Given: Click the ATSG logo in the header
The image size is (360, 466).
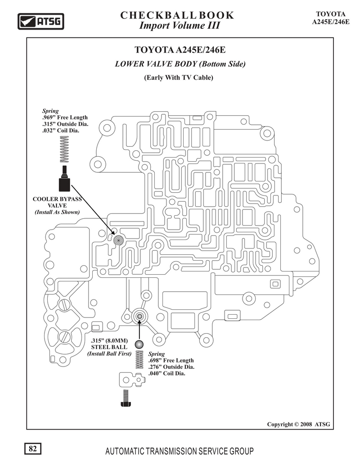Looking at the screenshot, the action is coord(40,22).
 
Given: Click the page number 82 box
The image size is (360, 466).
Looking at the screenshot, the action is coord(33,448).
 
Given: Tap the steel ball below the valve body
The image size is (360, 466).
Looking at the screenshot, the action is coord(139,344).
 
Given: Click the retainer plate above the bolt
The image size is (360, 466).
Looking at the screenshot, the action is coord(132,380).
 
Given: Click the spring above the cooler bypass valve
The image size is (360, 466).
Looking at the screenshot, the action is coord(64,149).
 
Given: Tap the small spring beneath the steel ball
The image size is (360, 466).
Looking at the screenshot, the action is coord(139,360).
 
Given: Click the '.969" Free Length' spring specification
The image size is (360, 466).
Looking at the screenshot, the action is coord(65,118).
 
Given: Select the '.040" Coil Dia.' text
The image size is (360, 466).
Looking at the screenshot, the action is coord(166,374).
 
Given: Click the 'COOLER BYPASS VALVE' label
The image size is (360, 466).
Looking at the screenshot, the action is coord(57,202).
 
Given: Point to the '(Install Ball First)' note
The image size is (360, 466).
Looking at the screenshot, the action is coord(109,353).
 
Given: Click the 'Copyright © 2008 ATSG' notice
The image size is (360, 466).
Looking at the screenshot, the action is coord(298,425).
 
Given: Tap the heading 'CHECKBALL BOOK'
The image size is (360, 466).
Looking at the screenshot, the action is coord(177,15).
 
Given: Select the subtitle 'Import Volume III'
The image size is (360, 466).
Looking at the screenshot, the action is coord(180,26).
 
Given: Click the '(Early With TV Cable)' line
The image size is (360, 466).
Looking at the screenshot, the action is coord(179,77).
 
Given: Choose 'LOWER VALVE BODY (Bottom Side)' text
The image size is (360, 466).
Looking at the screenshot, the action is coord(180,64).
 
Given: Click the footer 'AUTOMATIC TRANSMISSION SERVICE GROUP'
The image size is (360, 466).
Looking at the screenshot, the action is coord(180,452).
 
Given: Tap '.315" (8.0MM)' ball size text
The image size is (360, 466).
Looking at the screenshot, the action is coord(109,340).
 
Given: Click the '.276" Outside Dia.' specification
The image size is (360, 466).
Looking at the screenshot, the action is coord(171,367).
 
